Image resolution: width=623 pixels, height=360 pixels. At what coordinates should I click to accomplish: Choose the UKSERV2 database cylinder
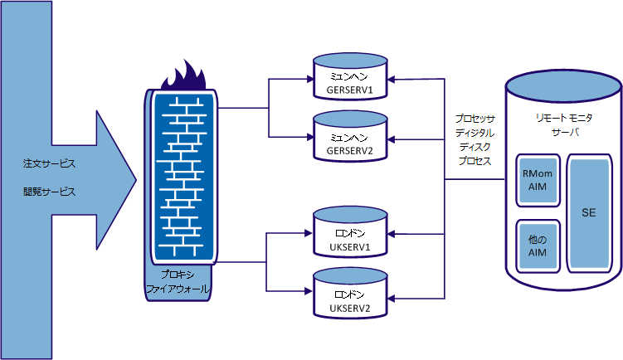(x=349, y=294)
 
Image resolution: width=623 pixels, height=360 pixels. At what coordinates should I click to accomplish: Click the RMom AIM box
(x=536, y=180)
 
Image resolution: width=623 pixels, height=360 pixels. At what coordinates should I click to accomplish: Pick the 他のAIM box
(x=536, y=246)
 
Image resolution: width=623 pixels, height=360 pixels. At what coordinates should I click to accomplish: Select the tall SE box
(x=588, y=213)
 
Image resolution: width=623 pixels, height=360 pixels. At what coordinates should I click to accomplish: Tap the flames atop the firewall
(x=187, y=77)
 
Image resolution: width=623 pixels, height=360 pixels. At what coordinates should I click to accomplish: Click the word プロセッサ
(x=475, y=119)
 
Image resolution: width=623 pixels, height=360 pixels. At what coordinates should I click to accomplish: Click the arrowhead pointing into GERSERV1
(x=391, y=80)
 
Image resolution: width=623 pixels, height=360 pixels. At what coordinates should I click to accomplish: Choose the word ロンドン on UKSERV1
(x=349, y=236)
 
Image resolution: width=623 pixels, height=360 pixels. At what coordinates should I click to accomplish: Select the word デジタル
(x=475, y=133)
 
